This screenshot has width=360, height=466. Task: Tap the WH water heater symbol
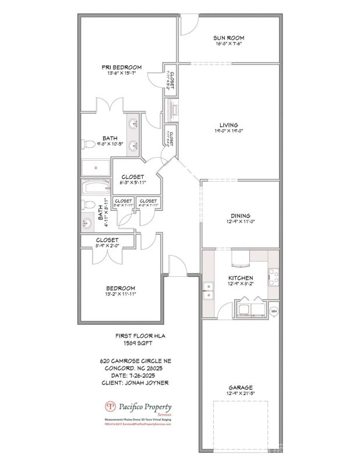pos(274,310)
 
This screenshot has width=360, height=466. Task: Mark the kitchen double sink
pos(207,291)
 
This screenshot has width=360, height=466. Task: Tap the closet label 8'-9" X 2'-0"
pos(107,246)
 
